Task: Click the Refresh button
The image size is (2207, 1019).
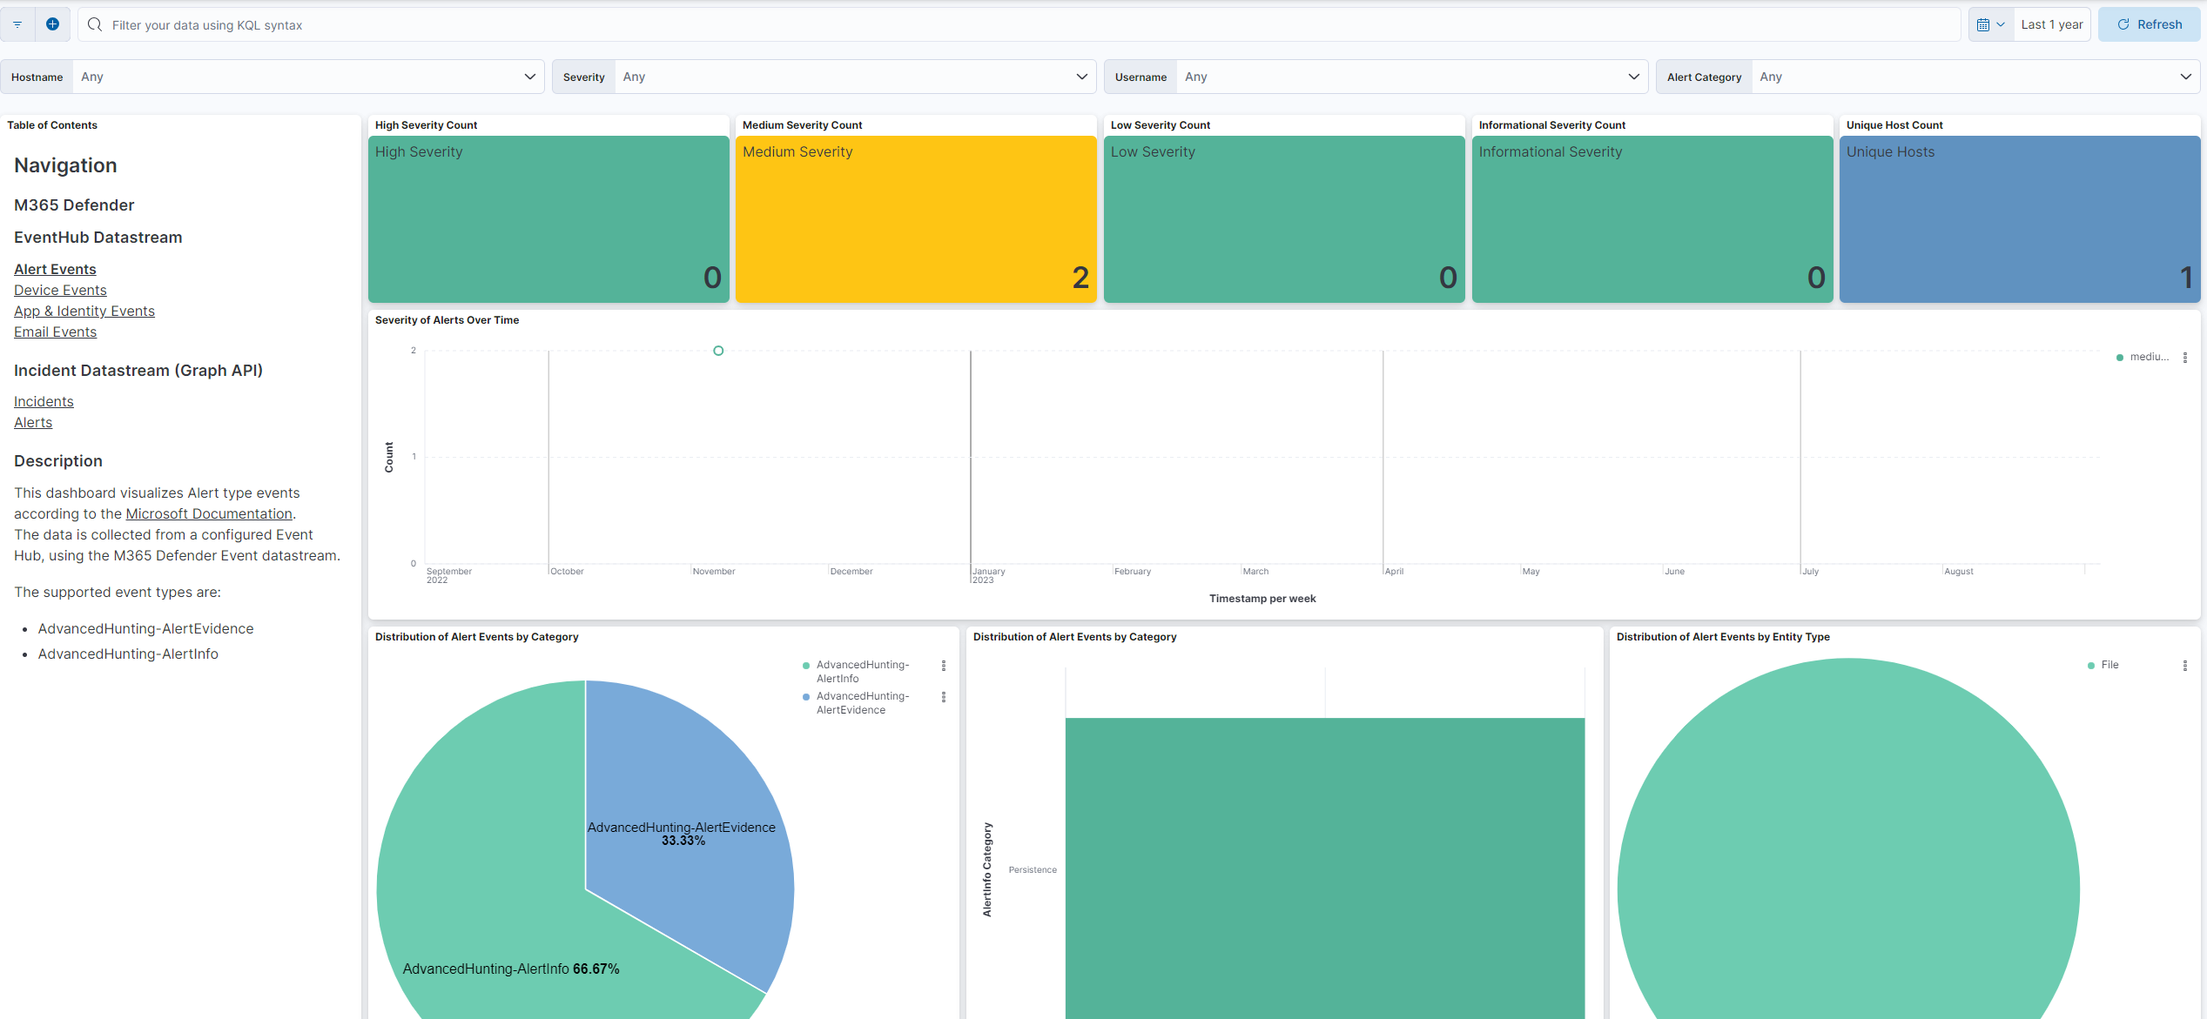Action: [2149, 24]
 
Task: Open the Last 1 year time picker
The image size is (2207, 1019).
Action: [2051, 24]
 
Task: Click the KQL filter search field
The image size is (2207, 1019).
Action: [1019, 25]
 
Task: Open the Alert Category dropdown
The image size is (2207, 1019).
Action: [1973, 77]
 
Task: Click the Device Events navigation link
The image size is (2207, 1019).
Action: [60, 291]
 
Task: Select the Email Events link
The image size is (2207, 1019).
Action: [55, 332]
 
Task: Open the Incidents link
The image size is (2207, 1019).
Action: [44, 402]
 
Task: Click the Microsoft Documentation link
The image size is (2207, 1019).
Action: [209, 514]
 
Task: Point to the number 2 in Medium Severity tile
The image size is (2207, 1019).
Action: [1080, 278]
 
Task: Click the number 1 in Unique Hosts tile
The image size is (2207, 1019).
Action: [2185, 278]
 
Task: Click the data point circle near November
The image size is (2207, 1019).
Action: [718, 351]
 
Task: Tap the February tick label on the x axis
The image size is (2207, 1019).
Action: [1132, 572]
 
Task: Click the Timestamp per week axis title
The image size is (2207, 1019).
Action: [1262, 599]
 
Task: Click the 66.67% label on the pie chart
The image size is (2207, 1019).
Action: [596, 969]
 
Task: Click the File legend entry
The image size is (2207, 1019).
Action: [2109, 665]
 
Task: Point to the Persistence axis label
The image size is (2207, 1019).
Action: [1033, 870]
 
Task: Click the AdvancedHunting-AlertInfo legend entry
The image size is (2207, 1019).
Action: [862, 672]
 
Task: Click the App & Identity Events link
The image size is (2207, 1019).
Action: [84, 312]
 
